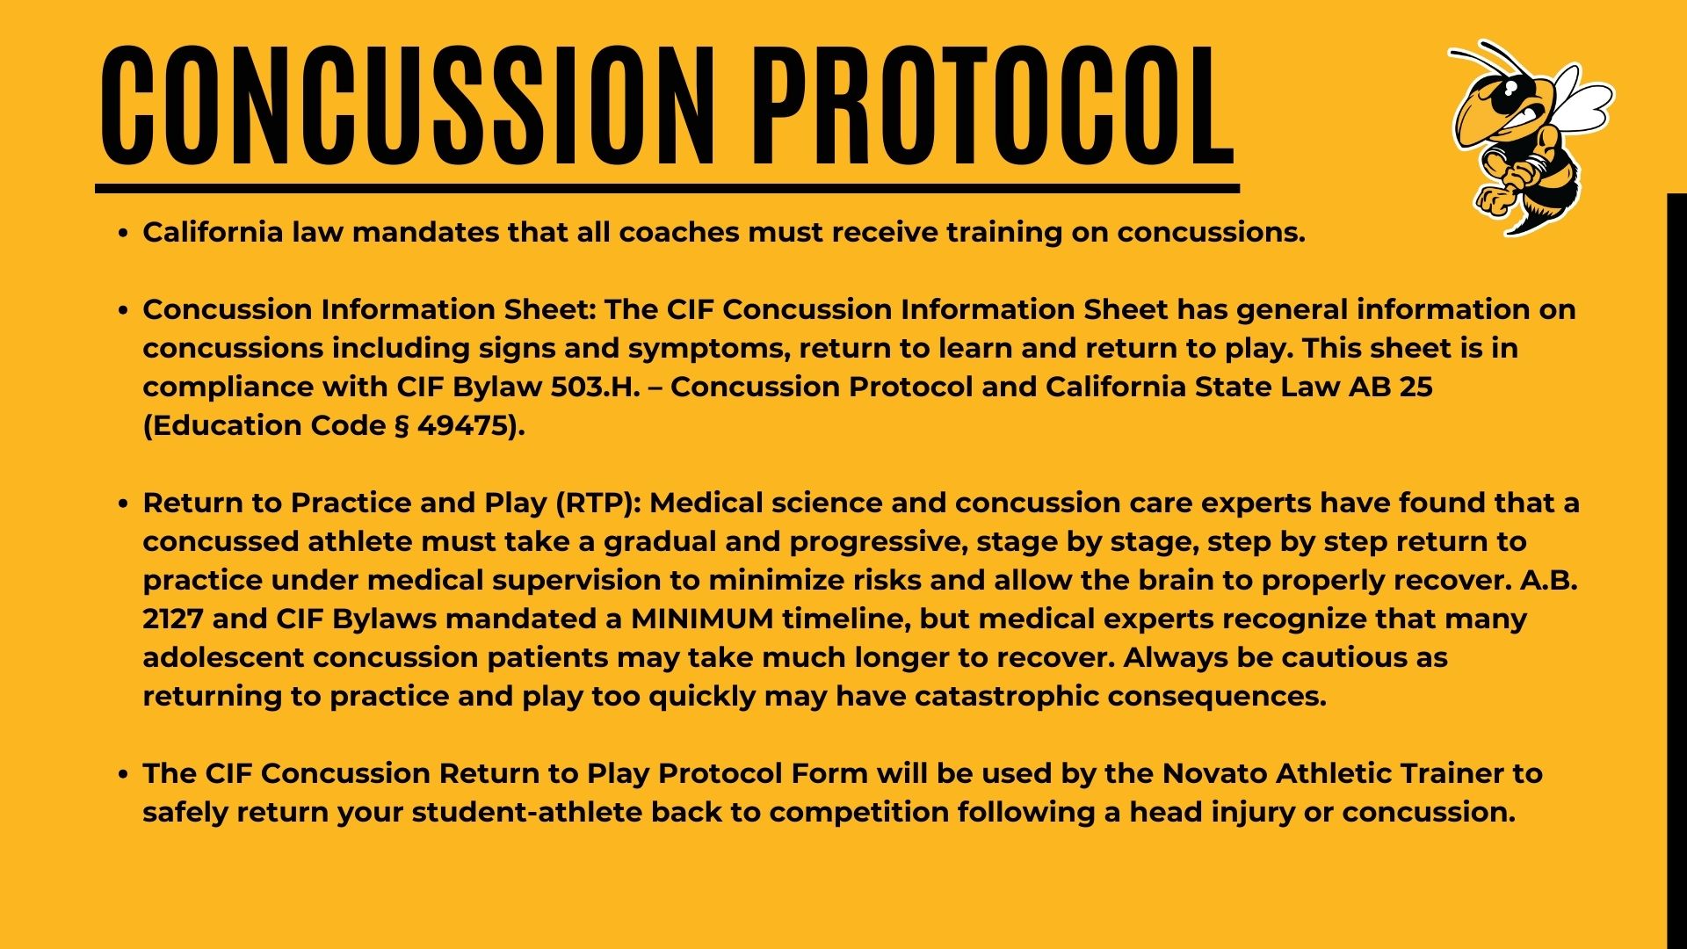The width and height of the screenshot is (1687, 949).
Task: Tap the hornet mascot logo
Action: tap(1530, 137)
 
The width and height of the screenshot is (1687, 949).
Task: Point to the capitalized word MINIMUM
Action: tap(702, 619)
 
